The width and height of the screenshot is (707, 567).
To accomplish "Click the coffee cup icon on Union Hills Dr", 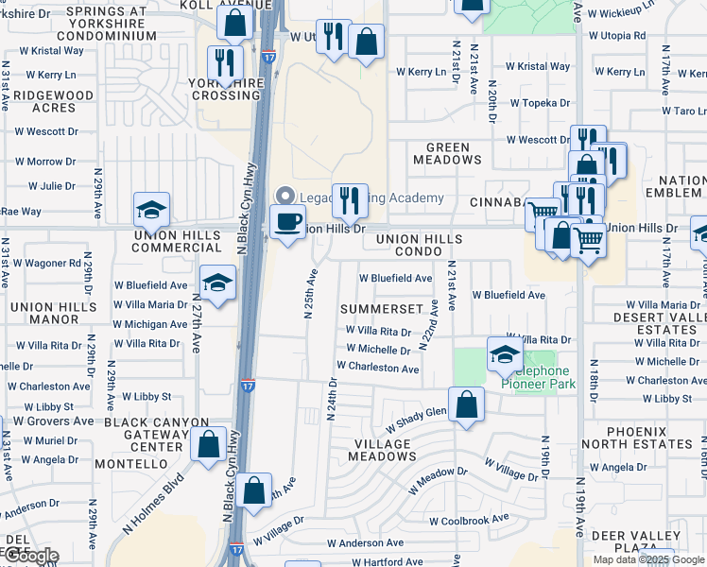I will coord(287,222).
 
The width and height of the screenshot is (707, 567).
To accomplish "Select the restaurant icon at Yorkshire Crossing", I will coord(224,63).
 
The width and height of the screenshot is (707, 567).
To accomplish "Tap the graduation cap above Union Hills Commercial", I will coord(151,210).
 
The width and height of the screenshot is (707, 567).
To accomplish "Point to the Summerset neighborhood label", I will coord(381,309).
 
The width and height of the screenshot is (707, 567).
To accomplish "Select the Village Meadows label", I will coord(384,449).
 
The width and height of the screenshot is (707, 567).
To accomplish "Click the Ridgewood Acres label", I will coord(42,102).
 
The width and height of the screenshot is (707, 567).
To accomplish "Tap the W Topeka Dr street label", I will coord(540,103).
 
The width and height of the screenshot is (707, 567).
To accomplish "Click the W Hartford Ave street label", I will coord(388,561).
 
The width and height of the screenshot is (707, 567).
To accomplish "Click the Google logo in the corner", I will coord(30,556).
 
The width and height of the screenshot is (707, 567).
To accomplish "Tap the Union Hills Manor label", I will coord(52,314).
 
